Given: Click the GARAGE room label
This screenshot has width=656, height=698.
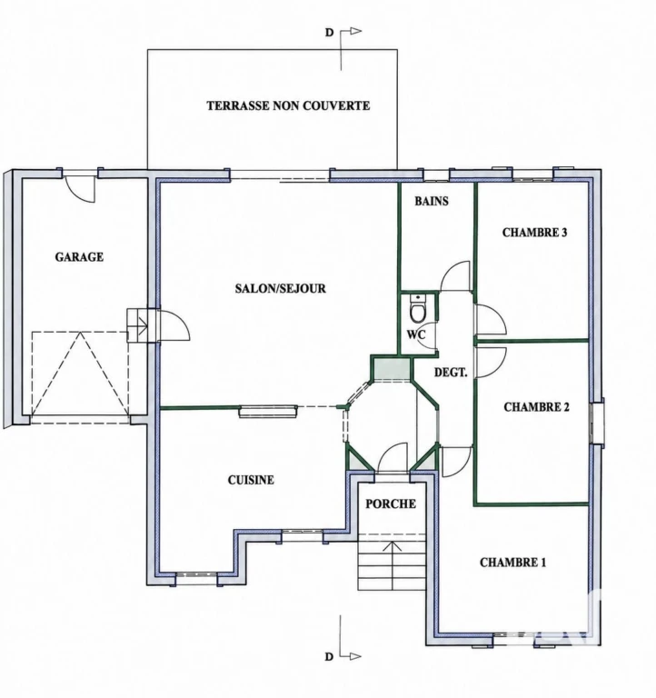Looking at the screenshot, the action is [x=79, y=257].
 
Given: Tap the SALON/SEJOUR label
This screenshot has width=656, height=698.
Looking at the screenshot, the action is [x=281, y=288].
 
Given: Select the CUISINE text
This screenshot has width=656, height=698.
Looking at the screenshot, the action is [x=251, y=480].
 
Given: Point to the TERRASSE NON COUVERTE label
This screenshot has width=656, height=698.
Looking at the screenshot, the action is [x=288, y=105].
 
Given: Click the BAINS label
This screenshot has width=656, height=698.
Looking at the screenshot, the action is [x=432, y=201].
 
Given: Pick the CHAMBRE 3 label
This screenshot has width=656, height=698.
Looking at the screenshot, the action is [x=534, y=233].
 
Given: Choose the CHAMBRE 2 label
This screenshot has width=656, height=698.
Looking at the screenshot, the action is [x=536, y=407].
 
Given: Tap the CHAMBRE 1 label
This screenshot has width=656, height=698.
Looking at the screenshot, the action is [x=512, y=563].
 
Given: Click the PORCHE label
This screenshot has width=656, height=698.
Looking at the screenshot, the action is [x=391, y=504].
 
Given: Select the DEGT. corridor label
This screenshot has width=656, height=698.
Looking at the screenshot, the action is [x=451, y=372].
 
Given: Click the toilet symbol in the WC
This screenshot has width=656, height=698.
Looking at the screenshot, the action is [x=418, y=308].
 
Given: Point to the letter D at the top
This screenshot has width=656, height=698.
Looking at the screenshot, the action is [x=329, y=33].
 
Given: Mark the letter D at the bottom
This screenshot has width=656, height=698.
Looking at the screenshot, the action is [x=329, y=657].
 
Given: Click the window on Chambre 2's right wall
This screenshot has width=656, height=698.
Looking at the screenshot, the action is [x=597, y=422].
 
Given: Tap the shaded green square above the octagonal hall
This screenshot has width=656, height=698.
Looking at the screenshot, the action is [x=392, y=369].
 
